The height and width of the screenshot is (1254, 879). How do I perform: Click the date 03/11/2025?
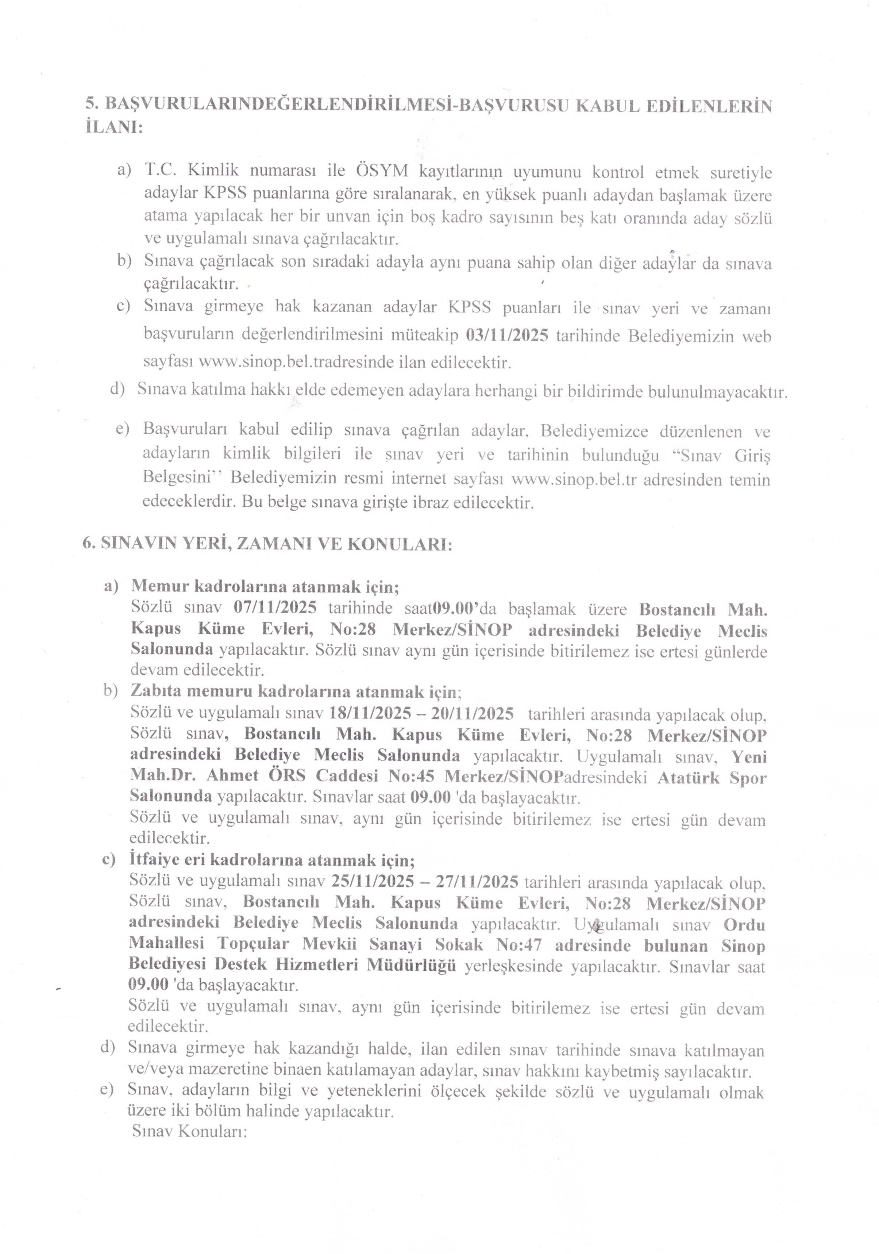(x=507, y=335)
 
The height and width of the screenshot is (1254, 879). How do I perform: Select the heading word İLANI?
(x=113, y=127)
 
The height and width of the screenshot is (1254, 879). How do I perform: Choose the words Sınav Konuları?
(x=189, y=1131)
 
